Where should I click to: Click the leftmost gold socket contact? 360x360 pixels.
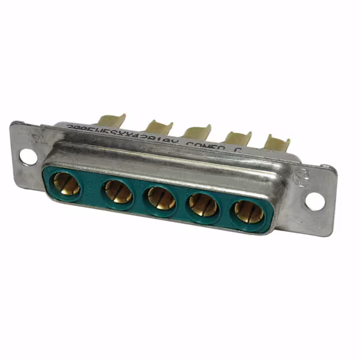(66, 184)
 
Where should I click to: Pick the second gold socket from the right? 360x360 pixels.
(204, 205)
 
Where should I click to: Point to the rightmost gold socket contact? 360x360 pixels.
(248, 211)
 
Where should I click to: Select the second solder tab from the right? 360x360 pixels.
(238, 137)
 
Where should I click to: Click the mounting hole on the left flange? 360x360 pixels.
(28, 156)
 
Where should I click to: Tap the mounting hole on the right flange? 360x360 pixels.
(314, 201)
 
